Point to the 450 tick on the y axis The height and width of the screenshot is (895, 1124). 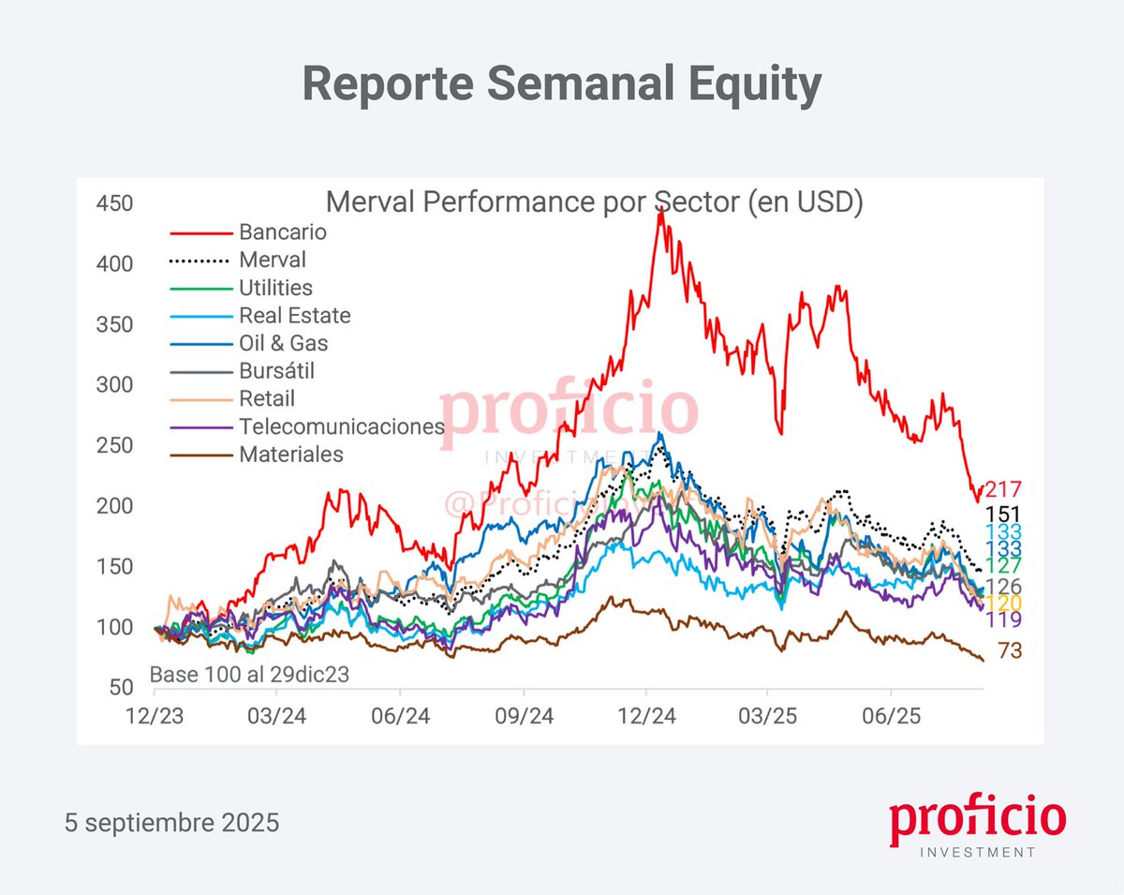point(114,203)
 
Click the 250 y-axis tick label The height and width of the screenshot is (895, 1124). point(114,445)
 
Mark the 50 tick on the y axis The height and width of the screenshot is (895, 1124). point(120,687)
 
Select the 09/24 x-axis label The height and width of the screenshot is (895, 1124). point(524,717)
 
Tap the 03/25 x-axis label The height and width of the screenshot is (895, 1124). point(767,717)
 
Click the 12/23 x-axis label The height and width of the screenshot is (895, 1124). point(155,717)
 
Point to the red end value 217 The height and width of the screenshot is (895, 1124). point(1002,489)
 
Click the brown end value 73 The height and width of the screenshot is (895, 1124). point(1009,650)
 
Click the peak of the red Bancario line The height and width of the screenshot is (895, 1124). point(660,213)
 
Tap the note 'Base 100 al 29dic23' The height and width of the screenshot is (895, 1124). point(250,675)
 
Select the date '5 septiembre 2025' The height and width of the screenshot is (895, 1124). point(172,823)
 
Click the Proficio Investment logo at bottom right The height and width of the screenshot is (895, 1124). point(977,828)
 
